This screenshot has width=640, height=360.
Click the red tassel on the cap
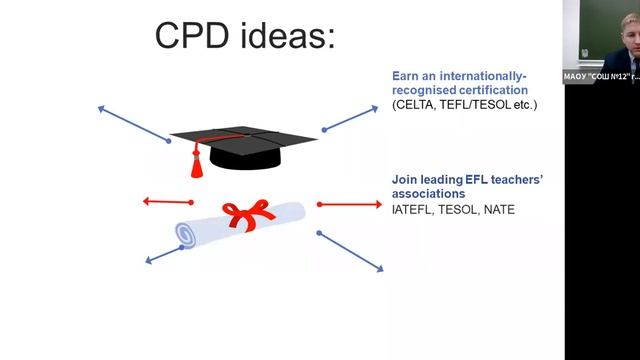coord(197,160)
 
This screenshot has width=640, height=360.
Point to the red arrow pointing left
coord(166,202)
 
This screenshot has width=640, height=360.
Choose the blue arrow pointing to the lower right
coord(350,251)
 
